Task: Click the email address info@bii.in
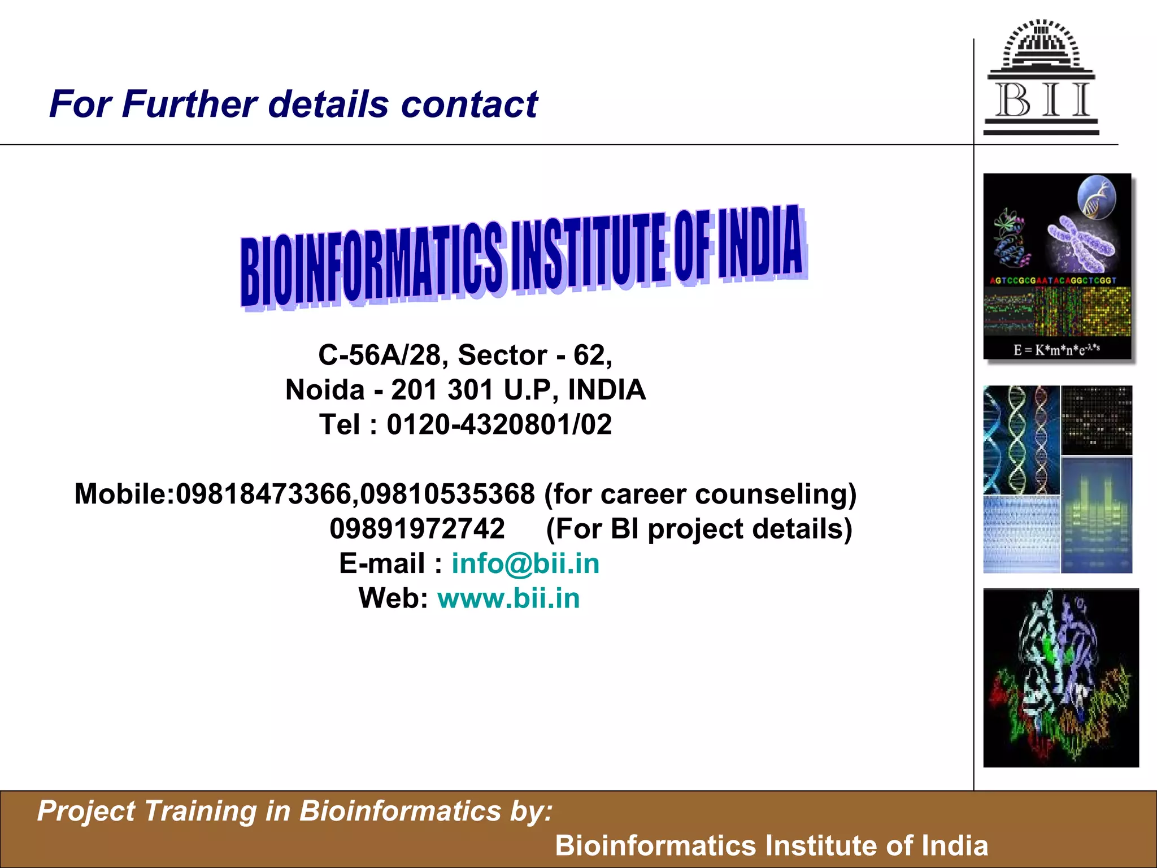pos(525,564)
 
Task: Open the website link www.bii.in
pos(508,598)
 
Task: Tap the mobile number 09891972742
pos(417,529)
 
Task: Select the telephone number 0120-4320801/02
pos(499,425)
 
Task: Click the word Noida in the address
pos(325,390)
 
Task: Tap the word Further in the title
pos(190,105)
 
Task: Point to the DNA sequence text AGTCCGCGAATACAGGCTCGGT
pos(1053,280)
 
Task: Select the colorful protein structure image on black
pos(1060,678)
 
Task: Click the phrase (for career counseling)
pos(700,494)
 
